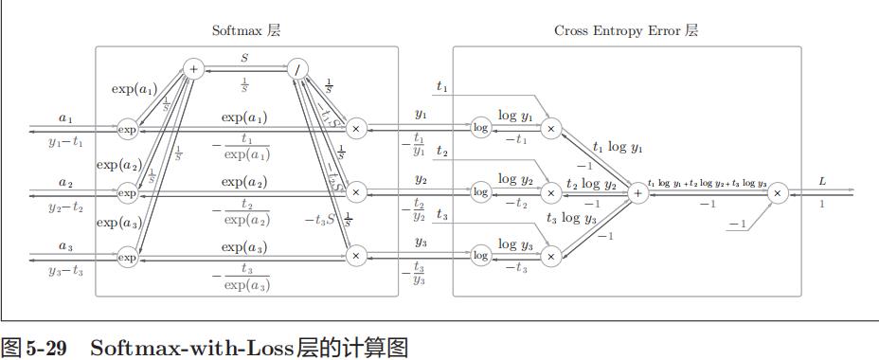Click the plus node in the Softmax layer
tap(192, 68)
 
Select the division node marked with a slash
tap(297, 68)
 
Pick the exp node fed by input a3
tap(127, 256)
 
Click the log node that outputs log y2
tap(480, 192)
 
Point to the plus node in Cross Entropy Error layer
tap(637, 192)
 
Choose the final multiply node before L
tap(778, 192)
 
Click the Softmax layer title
tap(245, 30)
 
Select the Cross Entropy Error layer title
tap(626, 30)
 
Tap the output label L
tap(822, 180)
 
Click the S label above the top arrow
tap(244, 58)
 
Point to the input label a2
tap(64, 182)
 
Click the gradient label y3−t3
tap(65, 271)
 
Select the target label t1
tap(441, 86)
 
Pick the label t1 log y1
tap(618, 148)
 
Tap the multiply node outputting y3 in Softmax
tap(356, 256)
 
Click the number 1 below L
tap(822, 204)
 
